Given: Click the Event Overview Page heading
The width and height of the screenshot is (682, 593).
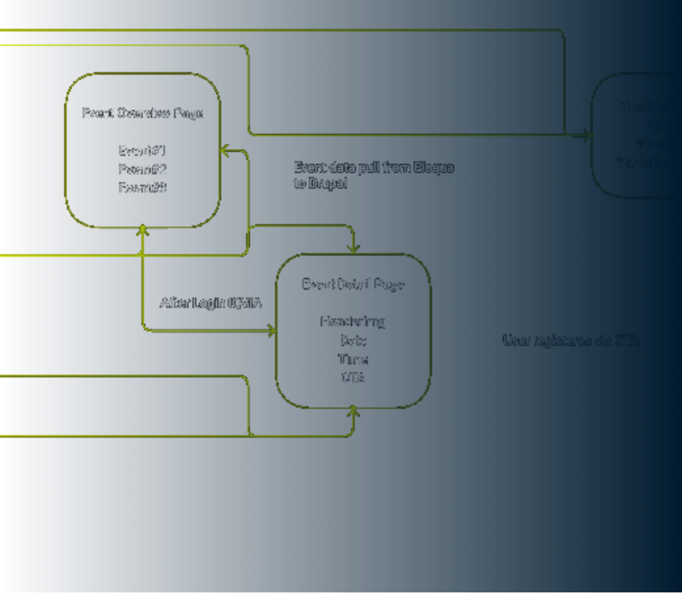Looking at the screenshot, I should coord(143,113).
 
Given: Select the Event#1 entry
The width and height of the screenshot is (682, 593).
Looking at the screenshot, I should coord(143,151).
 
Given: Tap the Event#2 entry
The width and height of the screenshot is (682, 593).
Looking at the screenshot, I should coord(143,170).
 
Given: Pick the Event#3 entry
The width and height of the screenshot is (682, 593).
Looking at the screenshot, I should coord(143,188).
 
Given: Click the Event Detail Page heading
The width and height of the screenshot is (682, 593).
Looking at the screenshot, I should coord(353,284).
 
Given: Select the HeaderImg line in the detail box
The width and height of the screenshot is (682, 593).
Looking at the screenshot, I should coord(353,322).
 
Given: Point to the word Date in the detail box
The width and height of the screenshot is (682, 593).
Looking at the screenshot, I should coord(353,341).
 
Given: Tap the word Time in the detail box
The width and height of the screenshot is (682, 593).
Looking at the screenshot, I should coord(353,359).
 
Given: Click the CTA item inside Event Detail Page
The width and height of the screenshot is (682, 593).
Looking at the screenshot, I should coord(353,378).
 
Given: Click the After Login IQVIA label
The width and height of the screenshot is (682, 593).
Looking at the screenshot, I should coord(211,303).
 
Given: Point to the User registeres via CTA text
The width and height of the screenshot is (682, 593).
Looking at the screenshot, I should coord(570,341).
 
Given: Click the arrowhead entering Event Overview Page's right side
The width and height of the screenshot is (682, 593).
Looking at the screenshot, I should coord(224,151).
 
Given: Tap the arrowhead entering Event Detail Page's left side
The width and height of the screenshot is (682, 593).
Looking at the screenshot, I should coord(272,332).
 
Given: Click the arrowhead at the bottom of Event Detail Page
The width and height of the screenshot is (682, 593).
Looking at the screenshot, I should coord(353,411).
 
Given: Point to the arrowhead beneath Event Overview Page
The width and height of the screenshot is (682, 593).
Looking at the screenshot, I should coord(143,231).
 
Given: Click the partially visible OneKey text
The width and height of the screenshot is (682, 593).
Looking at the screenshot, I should coord(645,107).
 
